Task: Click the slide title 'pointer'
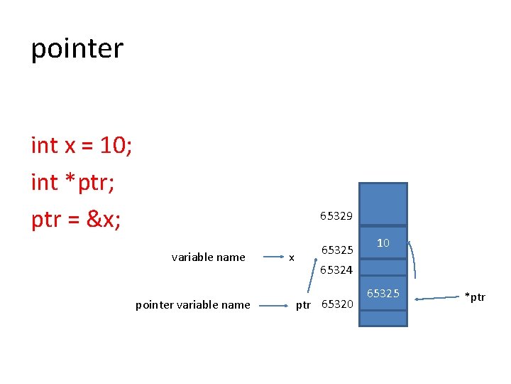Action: (x=77, y=49)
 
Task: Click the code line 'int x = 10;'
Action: (x=82, y=145)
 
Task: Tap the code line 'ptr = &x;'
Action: (x=76, y=220)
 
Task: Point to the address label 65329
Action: (x=336, y=215)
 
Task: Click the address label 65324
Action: (x=336, y=270)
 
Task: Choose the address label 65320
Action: (x=337, y=304)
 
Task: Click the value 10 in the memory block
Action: (x=383, y=243)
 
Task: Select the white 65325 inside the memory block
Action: (x=383, y=293)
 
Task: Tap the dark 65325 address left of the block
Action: (x=337, y=250)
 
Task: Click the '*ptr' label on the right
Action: (x=475, y=297)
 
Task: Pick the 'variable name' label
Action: (x=208, y=257)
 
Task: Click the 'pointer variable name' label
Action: (x=192, y=305)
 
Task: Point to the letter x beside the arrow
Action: (x=291, y=257)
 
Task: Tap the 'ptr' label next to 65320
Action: (x=303, y=305)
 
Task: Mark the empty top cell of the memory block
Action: (x=383, y=204)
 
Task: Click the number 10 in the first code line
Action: (x=114, y=145)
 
